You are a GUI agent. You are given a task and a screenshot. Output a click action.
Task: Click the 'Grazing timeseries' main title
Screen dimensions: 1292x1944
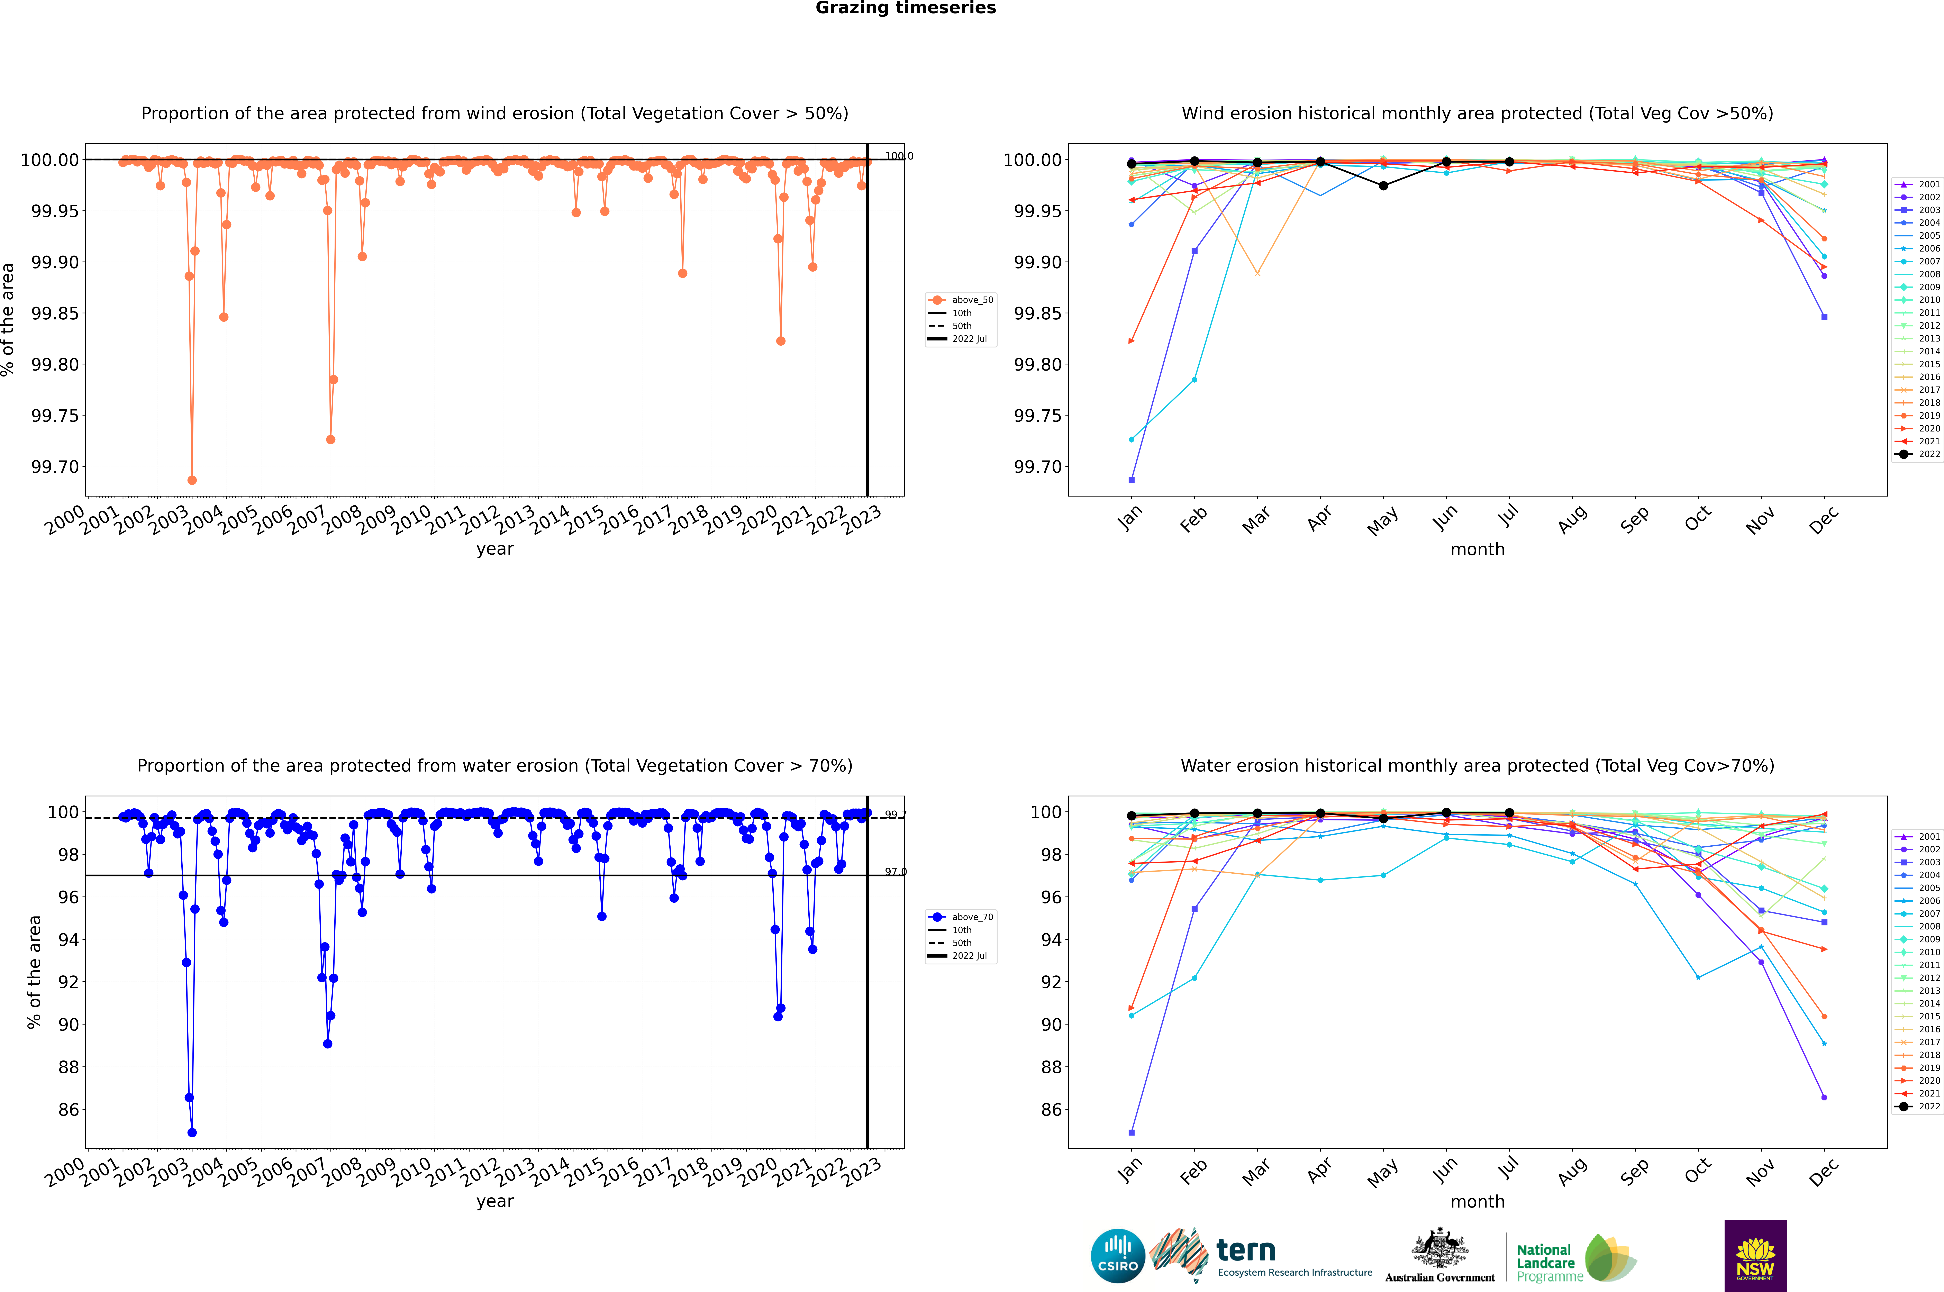click(x=906, y=8)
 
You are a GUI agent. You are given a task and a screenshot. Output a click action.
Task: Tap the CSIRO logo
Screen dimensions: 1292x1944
click(x=1117, y=1256)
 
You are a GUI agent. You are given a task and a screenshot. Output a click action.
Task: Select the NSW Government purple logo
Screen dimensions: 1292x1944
click(x=1755, y=1256)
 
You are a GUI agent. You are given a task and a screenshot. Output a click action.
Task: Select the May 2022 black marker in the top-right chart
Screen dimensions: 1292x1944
click(x=1384, y=186)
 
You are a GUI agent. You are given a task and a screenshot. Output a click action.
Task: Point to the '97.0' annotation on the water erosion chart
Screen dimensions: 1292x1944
click(x=896, y=872)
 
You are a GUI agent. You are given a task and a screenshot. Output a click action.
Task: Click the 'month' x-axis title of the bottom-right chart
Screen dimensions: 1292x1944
click(x=1478, y=1201)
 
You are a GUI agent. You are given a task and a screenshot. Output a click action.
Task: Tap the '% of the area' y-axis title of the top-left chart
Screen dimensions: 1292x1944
click(x=8, y=320)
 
